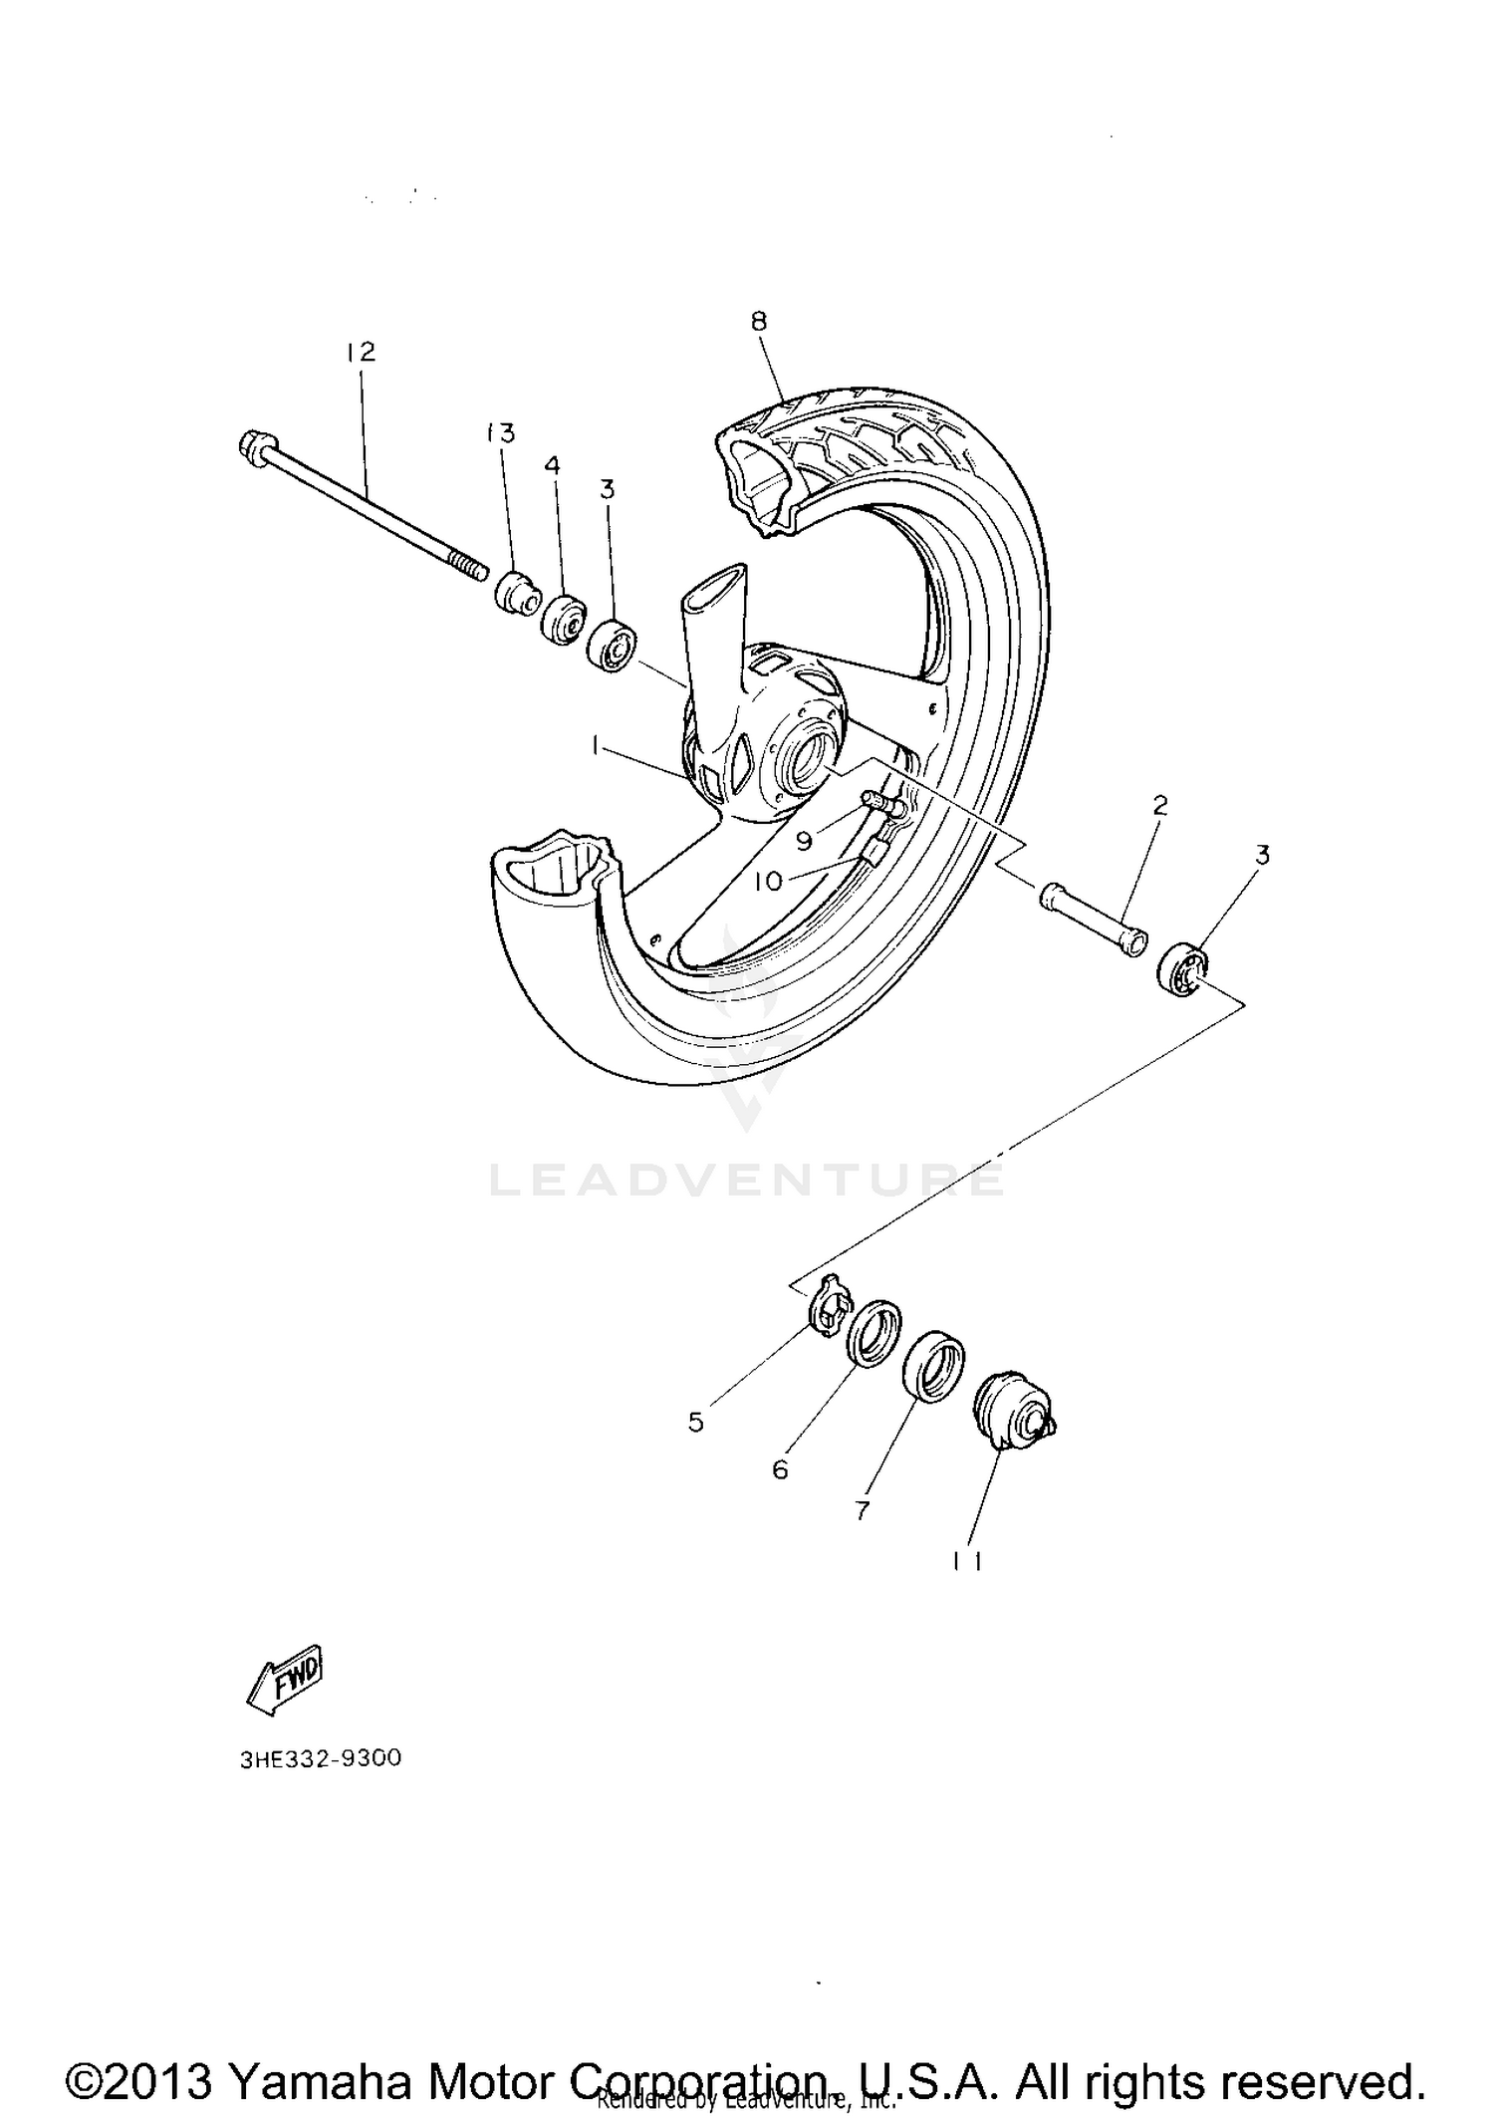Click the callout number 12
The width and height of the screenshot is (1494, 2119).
[x=361, y=353]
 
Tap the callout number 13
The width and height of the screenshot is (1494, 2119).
[x=500, y=433]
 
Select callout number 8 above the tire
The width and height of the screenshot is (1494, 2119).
[x=759, y=321]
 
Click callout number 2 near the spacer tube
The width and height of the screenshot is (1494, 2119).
[x=1159, y=805]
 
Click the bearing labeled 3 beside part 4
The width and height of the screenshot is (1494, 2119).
[x=611, y=649]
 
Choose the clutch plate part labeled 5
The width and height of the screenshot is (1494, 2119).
[x=829, y=1309]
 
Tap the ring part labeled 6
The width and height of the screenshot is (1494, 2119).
[x=874, y=1334]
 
